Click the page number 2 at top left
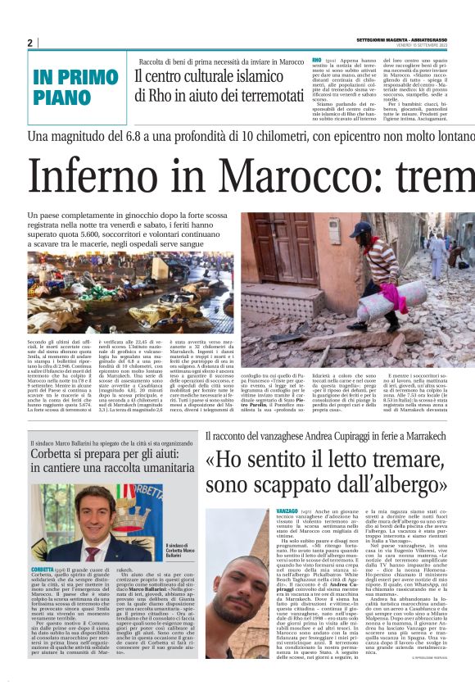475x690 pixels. (x=29, y=43)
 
